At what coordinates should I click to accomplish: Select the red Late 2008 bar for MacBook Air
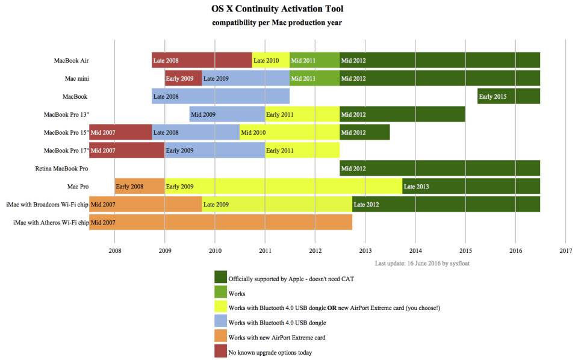point(202,60)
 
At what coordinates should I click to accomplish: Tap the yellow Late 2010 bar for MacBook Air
point(270,60)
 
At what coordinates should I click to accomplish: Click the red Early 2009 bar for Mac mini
point(183,78)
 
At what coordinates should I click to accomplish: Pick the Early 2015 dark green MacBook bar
point(508,96)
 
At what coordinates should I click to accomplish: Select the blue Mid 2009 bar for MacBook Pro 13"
point(227,114)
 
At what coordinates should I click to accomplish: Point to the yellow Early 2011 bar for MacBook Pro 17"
point(302,151)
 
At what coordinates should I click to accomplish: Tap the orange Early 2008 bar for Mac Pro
point(140,187)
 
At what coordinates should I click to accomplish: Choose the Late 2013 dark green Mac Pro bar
point(471,187)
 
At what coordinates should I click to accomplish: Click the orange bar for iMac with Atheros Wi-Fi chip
point(220,223)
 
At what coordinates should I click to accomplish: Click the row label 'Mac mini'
point(77,78)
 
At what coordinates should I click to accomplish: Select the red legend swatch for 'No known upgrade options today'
point(220,352)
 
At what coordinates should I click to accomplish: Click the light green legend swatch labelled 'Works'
point(220,293)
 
